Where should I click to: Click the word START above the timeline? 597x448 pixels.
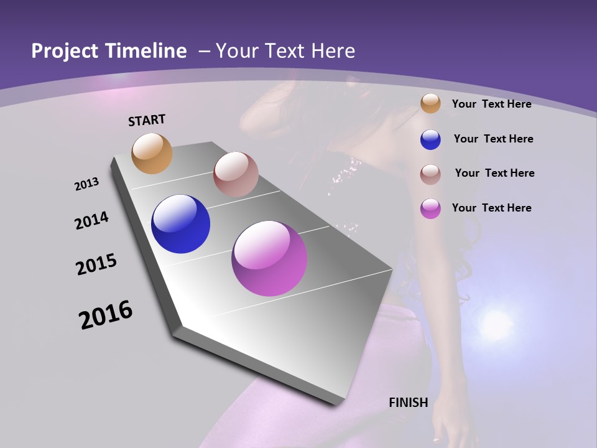(x=147, y=120)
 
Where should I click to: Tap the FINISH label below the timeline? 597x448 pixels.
(x=408, y=403)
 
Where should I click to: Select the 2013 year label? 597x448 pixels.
(x=86, y=184)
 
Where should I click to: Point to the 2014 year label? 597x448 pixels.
(x=91, y=220)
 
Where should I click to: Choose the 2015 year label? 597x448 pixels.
(x=96, y=264)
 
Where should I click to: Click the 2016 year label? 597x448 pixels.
(x=106, y=315)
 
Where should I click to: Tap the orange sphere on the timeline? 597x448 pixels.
(x=152, y=153)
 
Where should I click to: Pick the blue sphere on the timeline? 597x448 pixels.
(x=180, y=224)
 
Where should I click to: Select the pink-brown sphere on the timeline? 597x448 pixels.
(x=236, y=174)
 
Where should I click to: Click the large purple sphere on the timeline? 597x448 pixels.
(x=269, y=258)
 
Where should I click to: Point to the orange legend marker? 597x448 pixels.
(x=430, y=104)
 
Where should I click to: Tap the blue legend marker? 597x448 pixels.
(x=430, y=139)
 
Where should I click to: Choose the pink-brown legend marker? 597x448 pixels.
(x=430, y=174)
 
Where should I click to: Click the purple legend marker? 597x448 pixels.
(x=430, y=208)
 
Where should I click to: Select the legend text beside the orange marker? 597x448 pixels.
(x=491, y=104)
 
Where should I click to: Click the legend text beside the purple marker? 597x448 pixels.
(x=491, y=208)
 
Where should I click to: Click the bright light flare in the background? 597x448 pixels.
(x=496, y=324)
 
